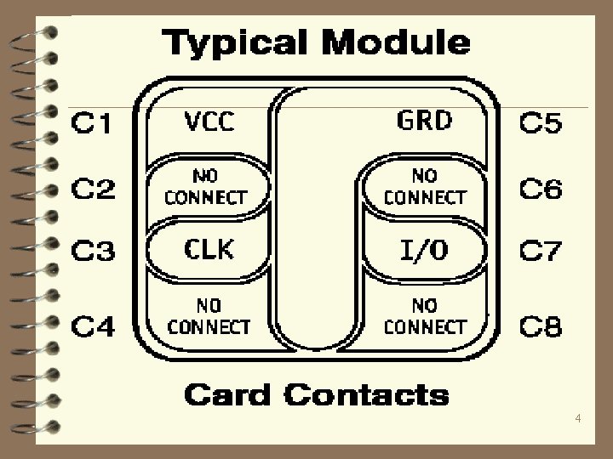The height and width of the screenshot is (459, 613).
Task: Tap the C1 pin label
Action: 91,126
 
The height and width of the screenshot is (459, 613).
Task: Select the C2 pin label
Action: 91,189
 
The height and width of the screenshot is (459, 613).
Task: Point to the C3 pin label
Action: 91,252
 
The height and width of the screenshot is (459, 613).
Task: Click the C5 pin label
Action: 540,126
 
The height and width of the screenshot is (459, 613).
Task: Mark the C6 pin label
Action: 540,189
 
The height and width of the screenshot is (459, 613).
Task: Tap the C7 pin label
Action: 540,252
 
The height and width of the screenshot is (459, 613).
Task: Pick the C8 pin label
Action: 540,326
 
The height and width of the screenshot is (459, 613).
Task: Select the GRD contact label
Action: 424,121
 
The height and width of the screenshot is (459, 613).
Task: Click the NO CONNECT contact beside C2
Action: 205,187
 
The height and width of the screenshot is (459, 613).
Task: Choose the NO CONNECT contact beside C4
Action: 209,314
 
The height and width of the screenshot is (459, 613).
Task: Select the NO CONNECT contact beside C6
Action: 425,186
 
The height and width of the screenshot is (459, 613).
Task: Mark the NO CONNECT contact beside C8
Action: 425,314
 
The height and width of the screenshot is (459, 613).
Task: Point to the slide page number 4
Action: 579,419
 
